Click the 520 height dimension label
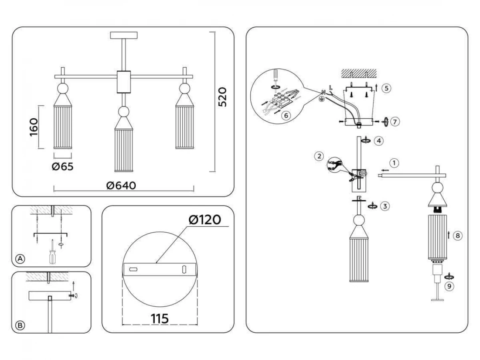tap(222, 97)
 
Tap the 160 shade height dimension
tap(34, 127)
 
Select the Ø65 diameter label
tap(62, 166)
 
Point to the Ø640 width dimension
tap(121, 186)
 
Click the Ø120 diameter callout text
tap(205, 220)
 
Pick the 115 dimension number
tap(160, 318)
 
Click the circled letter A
tap(20, 259)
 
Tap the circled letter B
tap(20, 326)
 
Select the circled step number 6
tap(286, 115)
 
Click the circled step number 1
tap(394, 163)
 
